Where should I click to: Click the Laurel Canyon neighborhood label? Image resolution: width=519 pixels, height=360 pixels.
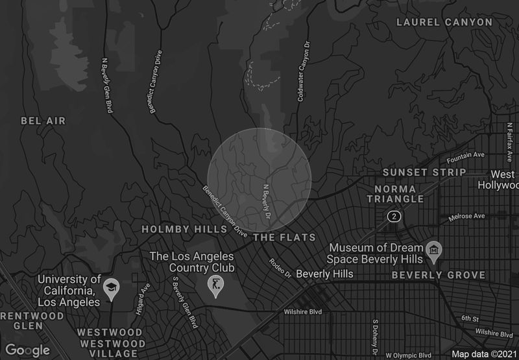[444, 22]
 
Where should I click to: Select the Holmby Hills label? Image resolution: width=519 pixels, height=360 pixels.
[184, 229]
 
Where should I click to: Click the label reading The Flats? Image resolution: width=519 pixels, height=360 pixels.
[284, 237]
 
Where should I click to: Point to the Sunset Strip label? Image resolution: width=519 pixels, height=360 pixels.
[424, 173]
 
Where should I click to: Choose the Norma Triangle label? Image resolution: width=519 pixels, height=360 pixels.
[400, 194]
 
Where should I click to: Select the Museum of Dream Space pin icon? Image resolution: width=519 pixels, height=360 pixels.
[434, 250]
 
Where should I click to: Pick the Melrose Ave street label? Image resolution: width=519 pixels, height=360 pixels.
[468, 216]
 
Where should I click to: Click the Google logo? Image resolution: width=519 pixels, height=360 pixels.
[29, 350]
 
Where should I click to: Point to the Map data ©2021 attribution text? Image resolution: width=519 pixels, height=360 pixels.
[483, 354]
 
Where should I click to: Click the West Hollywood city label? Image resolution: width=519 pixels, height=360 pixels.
[503, 180]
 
